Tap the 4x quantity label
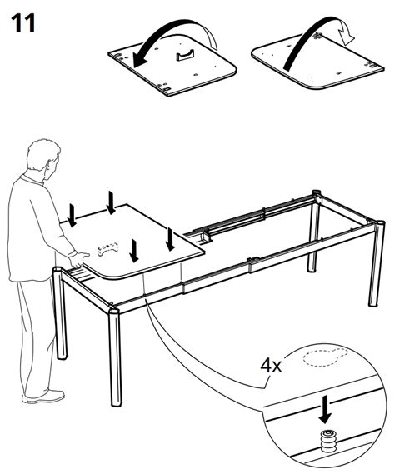click(x=272, y=365)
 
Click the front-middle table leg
click(x=113, y=358)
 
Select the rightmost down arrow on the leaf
click(x=170, y=238)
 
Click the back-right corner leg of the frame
click(x=316, y=233)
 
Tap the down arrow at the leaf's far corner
click(x=111, y=201)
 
